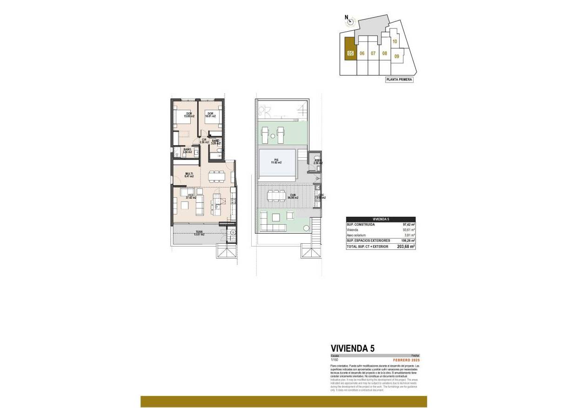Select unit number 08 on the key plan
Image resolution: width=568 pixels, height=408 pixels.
point(385,54)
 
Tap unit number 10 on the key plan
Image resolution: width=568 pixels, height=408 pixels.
point(394,41)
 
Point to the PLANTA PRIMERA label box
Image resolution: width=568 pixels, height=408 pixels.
point(399,80)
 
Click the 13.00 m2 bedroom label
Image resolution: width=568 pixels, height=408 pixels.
point(189,115)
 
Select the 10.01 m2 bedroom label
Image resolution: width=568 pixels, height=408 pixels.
point(210,115)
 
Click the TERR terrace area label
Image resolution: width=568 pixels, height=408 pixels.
point(199,233)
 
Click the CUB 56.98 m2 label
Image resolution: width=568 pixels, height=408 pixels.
point(293,196)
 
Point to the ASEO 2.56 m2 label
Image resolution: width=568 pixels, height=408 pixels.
point(318,162)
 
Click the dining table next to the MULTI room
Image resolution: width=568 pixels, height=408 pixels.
point(217,176)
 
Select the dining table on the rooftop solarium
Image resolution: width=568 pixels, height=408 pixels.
point(276,196)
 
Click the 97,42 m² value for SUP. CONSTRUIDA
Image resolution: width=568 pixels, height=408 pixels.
point(409,224)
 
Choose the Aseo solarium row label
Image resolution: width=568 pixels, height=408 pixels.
point(357,235)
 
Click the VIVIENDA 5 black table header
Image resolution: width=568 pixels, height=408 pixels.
point(381,219)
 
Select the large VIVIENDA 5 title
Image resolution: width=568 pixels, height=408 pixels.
point(352,348)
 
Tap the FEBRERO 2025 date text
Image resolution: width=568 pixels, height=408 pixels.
point(406,360)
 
